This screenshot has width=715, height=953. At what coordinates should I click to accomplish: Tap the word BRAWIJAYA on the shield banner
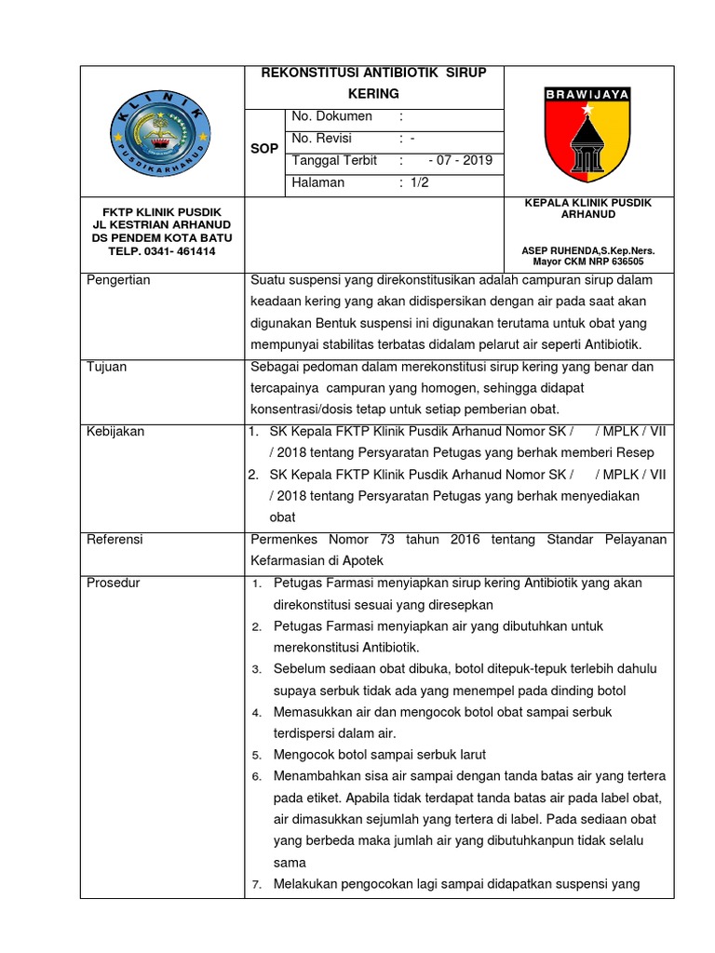click(587, 94)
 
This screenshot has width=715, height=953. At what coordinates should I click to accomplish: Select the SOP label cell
click(264, 149)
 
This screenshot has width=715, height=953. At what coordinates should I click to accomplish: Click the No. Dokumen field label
click(331, 116)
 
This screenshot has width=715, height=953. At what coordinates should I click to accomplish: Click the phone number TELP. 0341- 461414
click(162, 251)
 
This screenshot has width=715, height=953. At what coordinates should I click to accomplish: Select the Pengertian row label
click(118, 280)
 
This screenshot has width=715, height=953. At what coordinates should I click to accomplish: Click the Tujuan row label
click(106, 367)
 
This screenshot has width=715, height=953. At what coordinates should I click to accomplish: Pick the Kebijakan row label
click(115, 432)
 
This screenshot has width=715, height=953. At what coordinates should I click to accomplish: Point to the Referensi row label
click(115, 539)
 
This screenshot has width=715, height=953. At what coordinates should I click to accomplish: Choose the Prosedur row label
click(113, 583)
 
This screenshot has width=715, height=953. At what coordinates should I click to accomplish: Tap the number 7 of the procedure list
click(257, 884)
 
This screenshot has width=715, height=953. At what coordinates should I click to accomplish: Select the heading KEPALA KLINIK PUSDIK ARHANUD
click(587, 208)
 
